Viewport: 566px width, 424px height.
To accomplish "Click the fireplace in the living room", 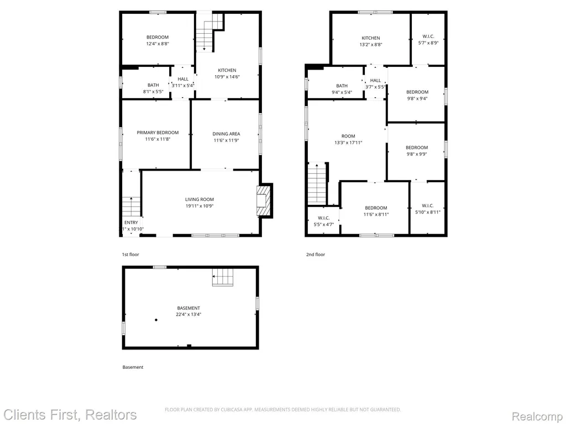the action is (263, 200).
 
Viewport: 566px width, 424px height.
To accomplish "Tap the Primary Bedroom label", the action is (158, 132).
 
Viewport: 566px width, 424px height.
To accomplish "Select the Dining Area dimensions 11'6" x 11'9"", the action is (226, 140).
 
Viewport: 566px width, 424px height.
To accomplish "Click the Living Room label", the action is (199, 199).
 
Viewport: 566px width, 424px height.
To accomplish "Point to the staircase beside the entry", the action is (131, 206).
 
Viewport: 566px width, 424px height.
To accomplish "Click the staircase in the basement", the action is (223, 277).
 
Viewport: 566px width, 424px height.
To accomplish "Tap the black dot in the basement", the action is (156, 320).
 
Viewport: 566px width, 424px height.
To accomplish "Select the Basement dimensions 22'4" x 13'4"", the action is (188, 314).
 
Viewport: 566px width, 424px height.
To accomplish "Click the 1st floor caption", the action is (130, 255).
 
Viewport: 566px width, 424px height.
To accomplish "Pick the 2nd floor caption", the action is (316, 255).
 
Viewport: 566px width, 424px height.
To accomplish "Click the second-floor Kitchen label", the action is (371, 38).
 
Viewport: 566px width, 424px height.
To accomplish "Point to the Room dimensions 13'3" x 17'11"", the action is (348, 143).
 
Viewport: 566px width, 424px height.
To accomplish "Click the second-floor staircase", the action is (317, 183).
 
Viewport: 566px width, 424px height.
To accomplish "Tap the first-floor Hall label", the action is (183, 79).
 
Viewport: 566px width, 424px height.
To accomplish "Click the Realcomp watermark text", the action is (537, 416).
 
